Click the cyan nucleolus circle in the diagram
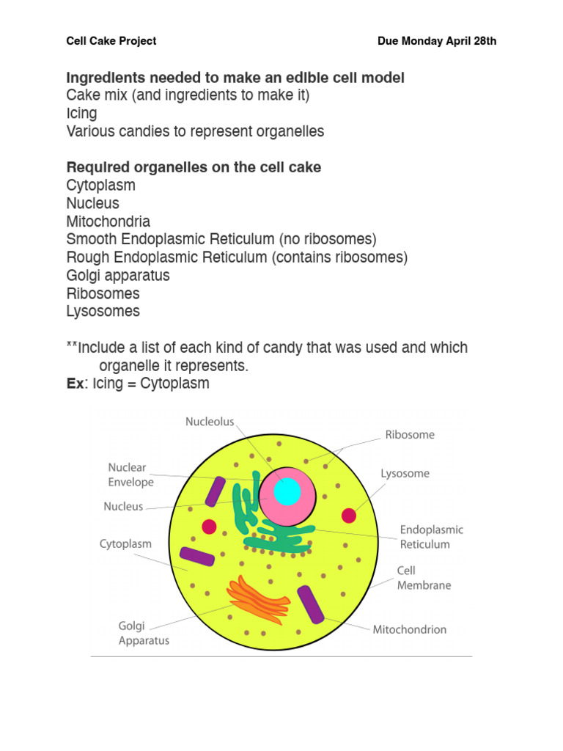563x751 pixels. click(287, 491)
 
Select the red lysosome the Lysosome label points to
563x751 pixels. click(349, 516)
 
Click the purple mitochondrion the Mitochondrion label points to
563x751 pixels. click(310, 604)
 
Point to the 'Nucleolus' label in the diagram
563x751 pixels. click(210, 422)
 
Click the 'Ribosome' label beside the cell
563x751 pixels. click(410, 435)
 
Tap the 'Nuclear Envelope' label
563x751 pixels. click(130, 475)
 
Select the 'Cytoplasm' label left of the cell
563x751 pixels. click(125, 544)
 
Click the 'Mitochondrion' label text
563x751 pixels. click(409, 629)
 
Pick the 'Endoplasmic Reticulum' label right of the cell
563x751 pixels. click(431, 537)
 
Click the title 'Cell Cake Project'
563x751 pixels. click(111, 41)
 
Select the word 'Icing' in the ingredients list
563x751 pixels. click(81, 114)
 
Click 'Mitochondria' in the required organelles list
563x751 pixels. click(108, 221)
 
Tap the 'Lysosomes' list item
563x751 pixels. click(103, 311)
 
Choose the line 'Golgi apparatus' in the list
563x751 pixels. click(117, 276)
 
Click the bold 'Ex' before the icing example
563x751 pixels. click(75, 384)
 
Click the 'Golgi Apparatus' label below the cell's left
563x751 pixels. click(144, 633)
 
